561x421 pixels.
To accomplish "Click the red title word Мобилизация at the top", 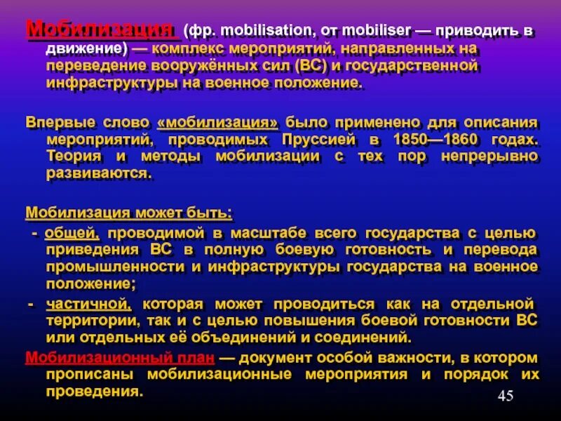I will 100,29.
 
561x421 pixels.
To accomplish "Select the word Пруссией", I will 318,138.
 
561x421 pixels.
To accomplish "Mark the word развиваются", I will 98,173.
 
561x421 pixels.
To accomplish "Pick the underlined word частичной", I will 88,304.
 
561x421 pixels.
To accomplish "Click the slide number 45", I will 506,396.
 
